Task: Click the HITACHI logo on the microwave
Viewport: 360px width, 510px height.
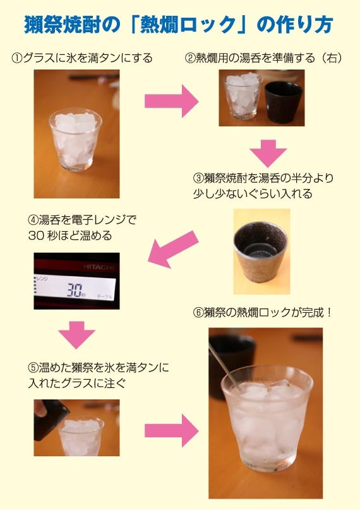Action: click(99, 267)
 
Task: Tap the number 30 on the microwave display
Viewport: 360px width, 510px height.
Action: click(75, 289)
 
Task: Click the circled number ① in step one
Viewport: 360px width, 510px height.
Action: click(17, 59)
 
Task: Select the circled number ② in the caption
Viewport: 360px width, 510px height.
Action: click(190, 59)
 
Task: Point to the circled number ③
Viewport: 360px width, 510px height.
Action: click(198, 178)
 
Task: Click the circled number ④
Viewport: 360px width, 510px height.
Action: click(33, 220)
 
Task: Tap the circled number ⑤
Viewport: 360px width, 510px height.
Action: click(33, 368)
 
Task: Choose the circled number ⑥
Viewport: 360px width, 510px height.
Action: click(198, 313)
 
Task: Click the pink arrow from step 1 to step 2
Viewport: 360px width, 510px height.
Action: click(171, 101)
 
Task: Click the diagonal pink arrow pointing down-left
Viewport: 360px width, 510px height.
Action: click(173, 249)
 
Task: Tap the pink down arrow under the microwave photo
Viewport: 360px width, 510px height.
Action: click(76, 335)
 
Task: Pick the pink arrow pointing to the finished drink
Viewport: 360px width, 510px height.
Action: click(171, 430)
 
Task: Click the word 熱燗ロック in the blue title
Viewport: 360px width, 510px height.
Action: click(188, 25)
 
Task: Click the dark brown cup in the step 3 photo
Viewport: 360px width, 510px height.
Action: click(261, 252)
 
